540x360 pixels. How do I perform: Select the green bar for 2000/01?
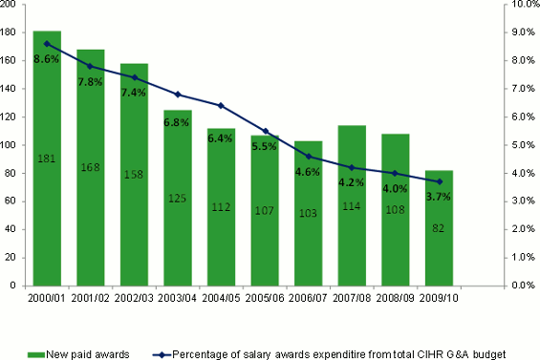click(x=47, y=191)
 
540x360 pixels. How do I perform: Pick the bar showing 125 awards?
click(x=178, y=220)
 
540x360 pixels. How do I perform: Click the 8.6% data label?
click(x=47, y=59)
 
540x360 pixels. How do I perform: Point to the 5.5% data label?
click(x=265, y=147)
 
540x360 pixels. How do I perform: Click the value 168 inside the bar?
click(x=91, y=168)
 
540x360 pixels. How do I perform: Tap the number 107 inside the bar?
click(x=265, y=211)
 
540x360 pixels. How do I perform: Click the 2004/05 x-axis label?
click(x=222, y=298)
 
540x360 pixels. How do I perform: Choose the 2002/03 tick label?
click(x=134, y=298)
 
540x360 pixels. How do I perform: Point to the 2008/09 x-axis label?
click(x=396, y=298)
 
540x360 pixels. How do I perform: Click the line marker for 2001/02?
click(x=91, y=66)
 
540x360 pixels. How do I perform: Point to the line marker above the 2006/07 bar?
click(x=309, y=156)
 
